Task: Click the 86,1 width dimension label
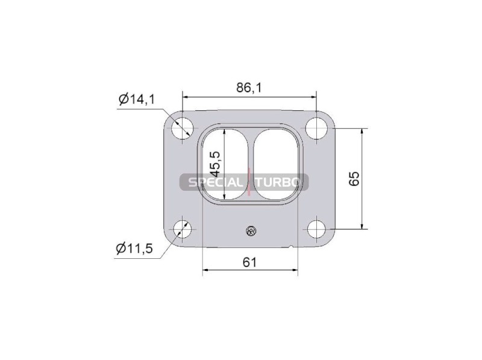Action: pyautogui.click(x=249, y=88)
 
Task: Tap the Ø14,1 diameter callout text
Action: pyautogui.click(x=137, y=99)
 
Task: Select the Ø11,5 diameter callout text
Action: pyautogui.click(x=134, y=248)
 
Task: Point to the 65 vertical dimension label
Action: pyautogui.click(x=354, y=178)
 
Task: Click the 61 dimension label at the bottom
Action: pyautogui.click(x=249, y=262)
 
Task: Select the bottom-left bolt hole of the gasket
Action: pyautogui.click(x=183, y=229)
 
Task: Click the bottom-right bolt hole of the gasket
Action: pyautogui.click(x=316, y=229)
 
